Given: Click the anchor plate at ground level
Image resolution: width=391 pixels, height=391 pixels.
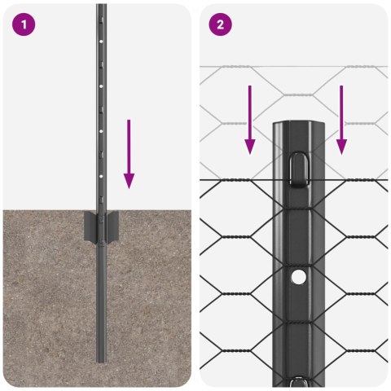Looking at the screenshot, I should point(100,226).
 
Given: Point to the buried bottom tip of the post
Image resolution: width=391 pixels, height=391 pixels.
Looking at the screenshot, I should point(100,359).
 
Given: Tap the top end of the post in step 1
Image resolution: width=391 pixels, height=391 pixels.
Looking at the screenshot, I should point(101,7).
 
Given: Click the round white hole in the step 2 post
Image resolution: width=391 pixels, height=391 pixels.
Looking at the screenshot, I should point(299,278).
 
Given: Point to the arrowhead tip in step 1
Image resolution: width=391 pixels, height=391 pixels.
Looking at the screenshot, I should point(128,186).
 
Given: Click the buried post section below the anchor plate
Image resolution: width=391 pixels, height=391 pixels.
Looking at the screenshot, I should point(100,301).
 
